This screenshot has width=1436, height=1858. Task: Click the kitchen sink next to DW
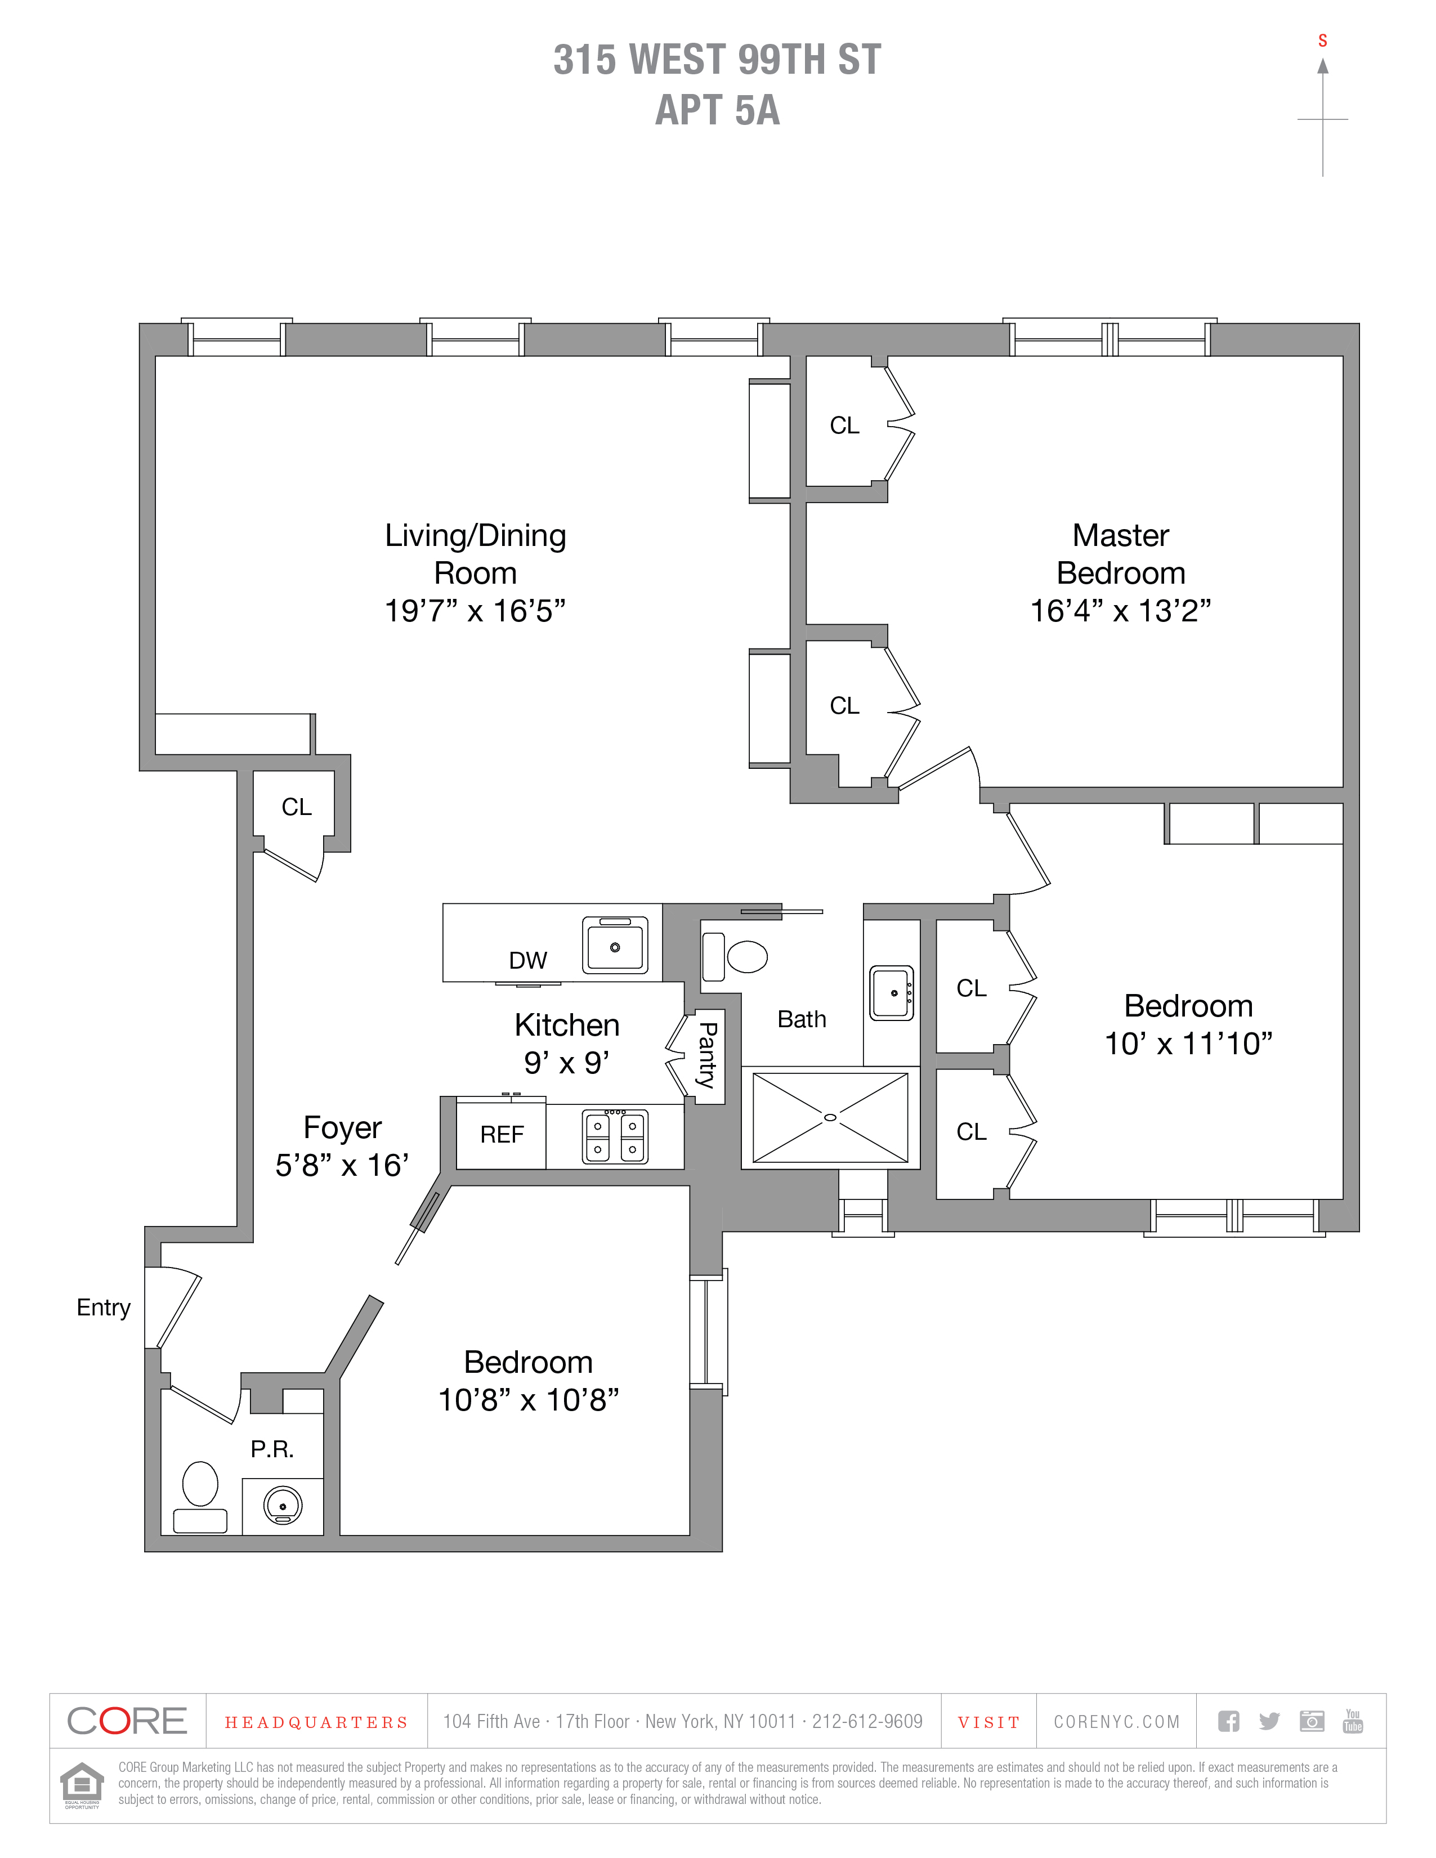click(x=615, y=945)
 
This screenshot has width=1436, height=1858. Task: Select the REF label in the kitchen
click(x=502, y=1134)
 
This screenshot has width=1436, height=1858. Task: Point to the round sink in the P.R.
click(x=283, y=1505)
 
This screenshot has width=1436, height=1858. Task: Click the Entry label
click(x=103, y=1307)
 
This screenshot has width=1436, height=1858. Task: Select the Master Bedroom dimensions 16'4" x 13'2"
click(x=1120, y=611)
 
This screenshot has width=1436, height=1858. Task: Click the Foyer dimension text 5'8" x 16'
click(x=342, y=1165)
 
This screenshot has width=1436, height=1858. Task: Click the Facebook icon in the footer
click(x=1228, y=1721)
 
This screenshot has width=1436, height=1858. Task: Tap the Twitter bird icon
click(x=1269, y=1721)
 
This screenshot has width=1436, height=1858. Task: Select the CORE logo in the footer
click(x=127, y=1721)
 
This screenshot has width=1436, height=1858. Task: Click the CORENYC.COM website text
click(x=1116, y=1722)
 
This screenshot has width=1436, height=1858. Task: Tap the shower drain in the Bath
click(x=830, y=1117)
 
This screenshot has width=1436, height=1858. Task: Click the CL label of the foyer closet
click(x=297, y=807)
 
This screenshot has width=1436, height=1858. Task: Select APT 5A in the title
click(x=717, y=110)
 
